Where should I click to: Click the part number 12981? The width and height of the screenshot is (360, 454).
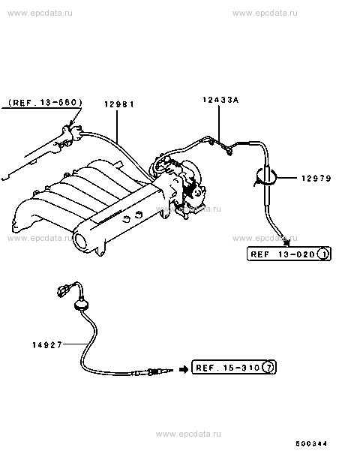119,104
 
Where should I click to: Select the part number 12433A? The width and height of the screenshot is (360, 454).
220,101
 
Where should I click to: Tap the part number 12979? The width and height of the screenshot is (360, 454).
316,178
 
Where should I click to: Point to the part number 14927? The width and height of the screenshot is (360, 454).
47,345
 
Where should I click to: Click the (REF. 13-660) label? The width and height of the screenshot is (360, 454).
46,103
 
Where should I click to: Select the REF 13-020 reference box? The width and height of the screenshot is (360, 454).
289,254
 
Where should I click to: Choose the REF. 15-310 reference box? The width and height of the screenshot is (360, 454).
234,367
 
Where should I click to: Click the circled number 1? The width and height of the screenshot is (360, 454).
323,254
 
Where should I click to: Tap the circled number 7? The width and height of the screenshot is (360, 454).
268,368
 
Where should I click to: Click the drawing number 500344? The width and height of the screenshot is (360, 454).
311,443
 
